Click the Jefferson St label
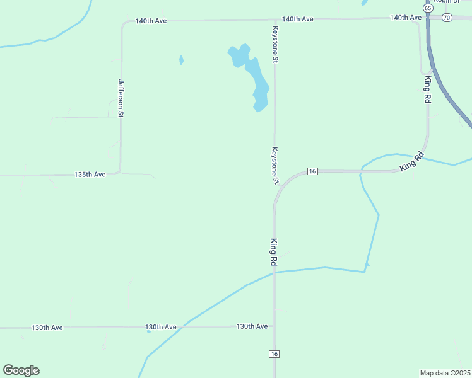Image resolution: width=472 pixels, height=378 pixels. pos(121,98)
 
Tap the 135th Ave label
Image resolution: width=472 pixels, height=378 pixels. pos(90,175)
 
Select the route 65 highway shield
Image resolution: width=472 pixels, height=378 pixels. pos(428,8)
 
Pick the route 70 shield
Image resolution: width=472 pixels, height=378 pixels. pos(447,18)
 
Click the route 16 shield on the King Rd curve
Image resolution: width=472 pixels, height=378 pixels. pos(312,171)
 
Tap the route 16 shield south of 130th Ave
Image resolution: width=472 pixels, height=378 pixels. pos(274,354)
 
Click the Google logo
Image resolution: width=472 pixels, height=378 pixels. pos(21,370)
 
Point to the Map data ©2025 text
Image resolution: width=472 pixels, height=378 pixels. pos(445,372)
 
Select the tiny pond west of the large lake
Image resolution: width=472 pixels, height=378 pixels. pos(181,60)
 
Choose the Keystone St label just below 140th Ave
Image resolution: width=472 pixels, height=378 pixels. pos(275,45)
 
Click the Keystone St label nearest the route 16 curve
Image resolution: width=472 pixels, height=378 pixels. pos(275,165)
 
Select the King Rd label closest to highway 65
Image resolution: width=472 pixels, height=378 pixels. pos(427,89)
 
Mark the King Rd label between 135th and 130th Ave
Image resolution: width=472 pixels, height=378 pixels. pos(274,252)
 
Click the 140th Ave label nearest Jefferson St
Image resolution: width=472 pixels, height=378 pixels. pos(151,21)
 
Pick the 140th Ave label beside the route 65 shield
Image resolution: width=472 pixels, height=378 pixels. pos(405,18)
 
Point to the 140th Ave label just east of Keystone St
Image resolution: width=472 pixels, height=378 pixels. pos(298,19)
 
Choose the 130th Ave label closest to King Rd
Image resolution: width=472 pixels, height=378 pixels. pos(252,326)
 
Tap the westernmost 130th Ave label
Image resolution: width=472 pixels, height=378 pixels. pos(47,328)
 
